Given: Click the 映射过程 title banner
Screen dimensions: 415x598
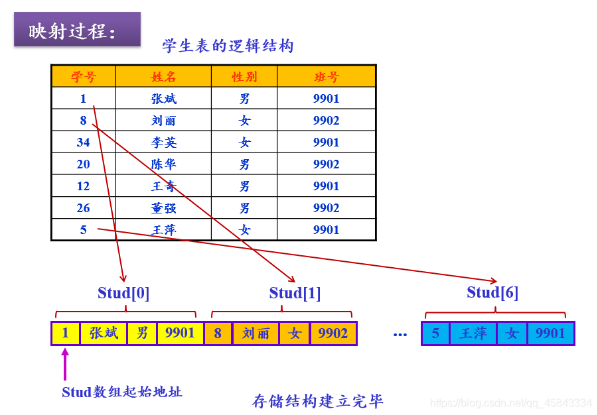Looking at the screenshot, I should (77, 30).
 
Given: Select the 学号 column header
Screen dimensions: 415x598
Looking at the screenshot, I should (84, 77).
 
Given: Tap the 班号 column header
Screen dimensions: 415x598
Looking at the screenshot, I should (327, 77).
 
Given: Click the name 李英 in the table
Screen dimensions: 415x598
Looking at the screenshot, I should (164, 143).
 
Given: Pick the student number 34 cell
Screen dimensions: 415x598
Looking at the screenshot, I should (83, 143).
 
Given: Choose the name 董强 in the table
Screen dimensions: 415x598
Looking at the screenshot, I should (164, 208).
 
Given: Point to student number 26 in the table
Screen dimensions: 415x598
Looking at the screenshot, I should (83, 208).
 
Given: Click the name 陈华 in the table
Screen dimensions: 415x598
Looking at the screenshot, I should (164, 164).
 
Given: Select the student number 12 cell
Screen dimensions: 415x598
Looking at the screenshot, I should (83, 186).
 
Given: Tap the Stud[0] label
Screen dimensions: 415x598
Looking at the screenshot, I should (123, 293).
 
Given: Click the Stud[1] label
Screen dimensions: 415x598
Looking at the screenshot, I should (295, 293).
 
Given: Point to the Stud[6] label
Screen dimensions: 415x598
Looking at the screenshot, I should (492, 292).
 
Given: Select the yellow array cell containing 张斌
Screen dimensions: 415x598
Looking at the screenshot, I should (104, 333).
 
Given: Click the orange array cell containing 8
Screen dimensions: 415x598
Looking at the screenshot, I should (218, 333).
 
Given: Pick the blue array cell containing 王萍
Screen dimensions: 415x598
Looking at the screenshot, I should (473, 333).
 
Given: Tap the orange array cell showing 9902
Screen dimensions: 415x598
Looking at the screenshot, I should (333, 333).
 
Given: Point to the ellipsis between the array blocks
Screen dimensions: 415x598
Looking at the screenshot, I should (400, 335).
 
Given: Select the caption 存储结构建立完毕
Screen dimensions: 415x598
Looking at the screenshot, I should (317, 401).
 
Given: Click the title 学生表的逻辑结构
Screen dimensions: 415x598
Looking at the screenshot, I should (228, 46).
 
